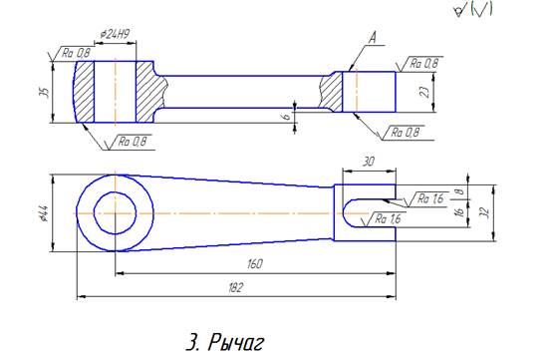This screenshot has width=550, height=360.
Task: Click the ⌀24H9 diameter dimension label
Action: click(x=115, y=34)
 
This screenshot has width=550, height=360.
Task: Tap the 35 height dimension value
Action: click(x=45, y=92)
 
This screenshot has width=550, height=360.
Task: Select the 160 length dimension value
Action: click(x=255, y=263)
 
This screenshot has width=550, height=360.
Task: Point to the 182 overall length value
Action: click(x=235, y=288)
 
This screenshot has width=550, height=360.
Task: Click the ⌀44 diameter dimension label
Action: click(x=45, y=213)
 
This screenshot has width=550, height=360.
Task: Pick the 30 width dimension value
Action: click(x=369, y=162)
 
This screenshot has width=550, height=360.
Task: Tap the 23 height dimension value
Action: click(x=424, y=92)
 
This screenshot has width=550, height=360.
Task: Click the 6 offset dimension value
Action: click(x=287, y=116)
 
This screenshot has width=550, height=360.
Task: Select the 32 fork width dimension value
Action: click(x=486, y=212)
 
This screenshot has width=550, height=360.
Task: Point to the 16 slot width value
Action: click(x=460, y=211)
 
